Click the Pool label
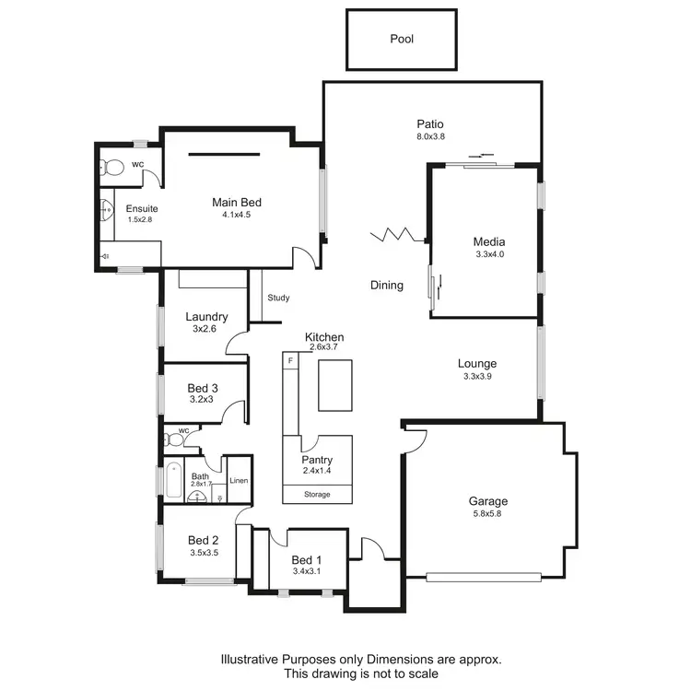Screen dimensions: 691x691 (402, 40)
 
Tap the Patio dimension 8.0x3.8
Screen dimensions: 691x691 (430, 137)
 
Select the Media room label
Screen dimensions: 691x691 (488, 242)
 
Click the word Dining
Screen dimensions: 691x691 (387, 285)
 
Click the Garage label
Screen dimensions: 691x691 (488, 501)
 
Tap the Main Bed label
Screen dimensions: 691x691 (236, 203)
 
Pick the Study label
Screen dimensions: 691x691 (278, 298)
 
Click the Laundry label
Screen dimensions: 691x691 (206, 317)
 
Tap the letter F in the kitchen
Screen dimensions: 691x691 (290, 359)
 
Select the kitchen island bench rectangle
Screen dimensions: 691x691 (336, 385)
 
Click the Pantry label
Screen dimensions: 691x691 (317, 460)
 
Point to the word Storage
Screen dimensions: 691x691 (317, 495)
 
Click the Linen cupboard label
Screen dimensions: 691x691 (239, 480)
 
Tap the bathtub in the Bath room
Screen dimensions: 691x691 (173, 480)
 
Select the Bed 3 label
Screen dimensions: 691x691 (203, 388)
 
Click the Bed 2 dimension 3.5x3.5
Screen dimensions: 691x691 (203, 554)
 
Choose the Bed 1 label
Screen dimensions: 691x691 (307, 559)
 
